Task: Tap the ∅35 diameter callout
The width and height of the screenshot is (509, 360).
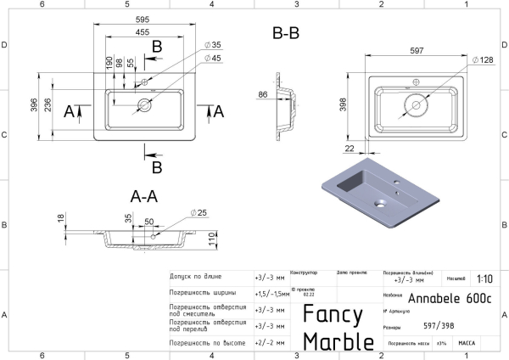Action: click(x=212, y=45)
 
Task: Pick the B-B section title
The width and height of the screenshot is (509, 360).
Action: click(x=286, y=35)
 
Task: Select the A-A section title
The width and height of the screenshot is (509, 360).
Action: click(x=144, y=195)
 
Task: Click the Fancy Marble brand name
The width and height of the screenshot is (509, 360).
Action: click(x=338, y=327)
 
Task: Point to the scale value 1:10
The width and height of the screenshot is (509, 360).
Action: click(x=484, y=278)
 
